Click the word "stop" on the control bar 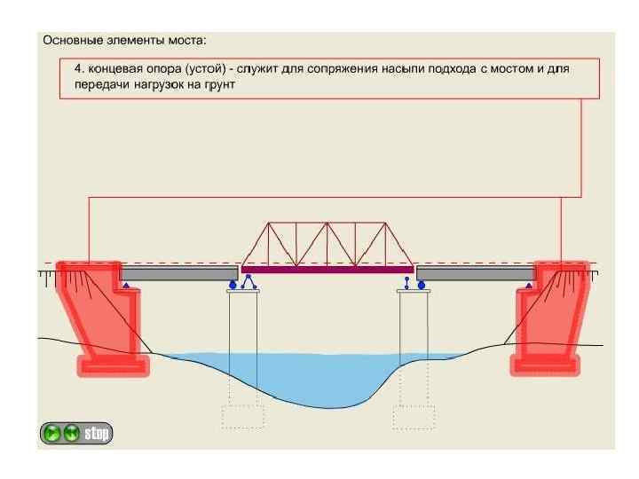point(96,434)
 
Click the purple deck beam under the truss point(327,268)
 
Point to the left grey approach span point(177,273)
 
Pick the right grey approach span point(475,273)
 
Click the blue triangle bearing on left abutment point(126,286)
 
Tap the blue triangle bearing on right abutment point(529,286)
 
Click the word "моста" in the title point(182,40)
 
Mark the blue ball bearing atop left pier point(234,285)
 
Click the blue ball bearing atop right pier point(422,285)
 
